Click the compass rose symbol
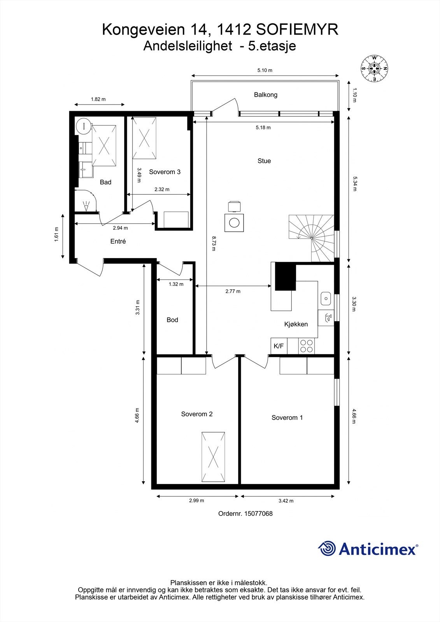pyautogui.click(x=374, y=68)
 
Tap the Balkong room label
pyautogui.click(x=265, y=94)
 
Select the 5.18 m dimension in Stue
pyautogui.click(x=263, y=128)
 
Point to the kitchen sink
pyautogui.click(x=325, y=299)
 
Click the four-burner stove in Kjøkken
pyautogui.click(x=306, y=346)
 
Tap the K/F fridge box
pyautogui.click(x=279, y=346)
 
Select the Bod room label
pyautogui.click(x=172, y=320)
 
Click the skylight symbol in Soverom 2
pyautogui.click(x=213, y=457)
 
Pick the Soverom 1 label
pyautogui.click(x=287, y=418)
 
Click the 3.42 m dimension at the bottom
pyautogui.click(x=286, y=501)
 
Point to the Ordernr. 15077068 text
pyautogui.click(x=245, y=514)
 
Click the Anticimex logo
pyautogui.click(x=368, y=549)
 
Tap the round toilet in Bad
pyautogui.click(x=83, y=126)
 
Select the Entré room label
pyautogui.click(x=118, y=241)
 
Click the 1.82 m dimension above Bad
pyautogui.click(x=98, y=99)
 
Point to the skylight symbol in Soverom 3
pyautogui.click(x=144, y=138)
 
